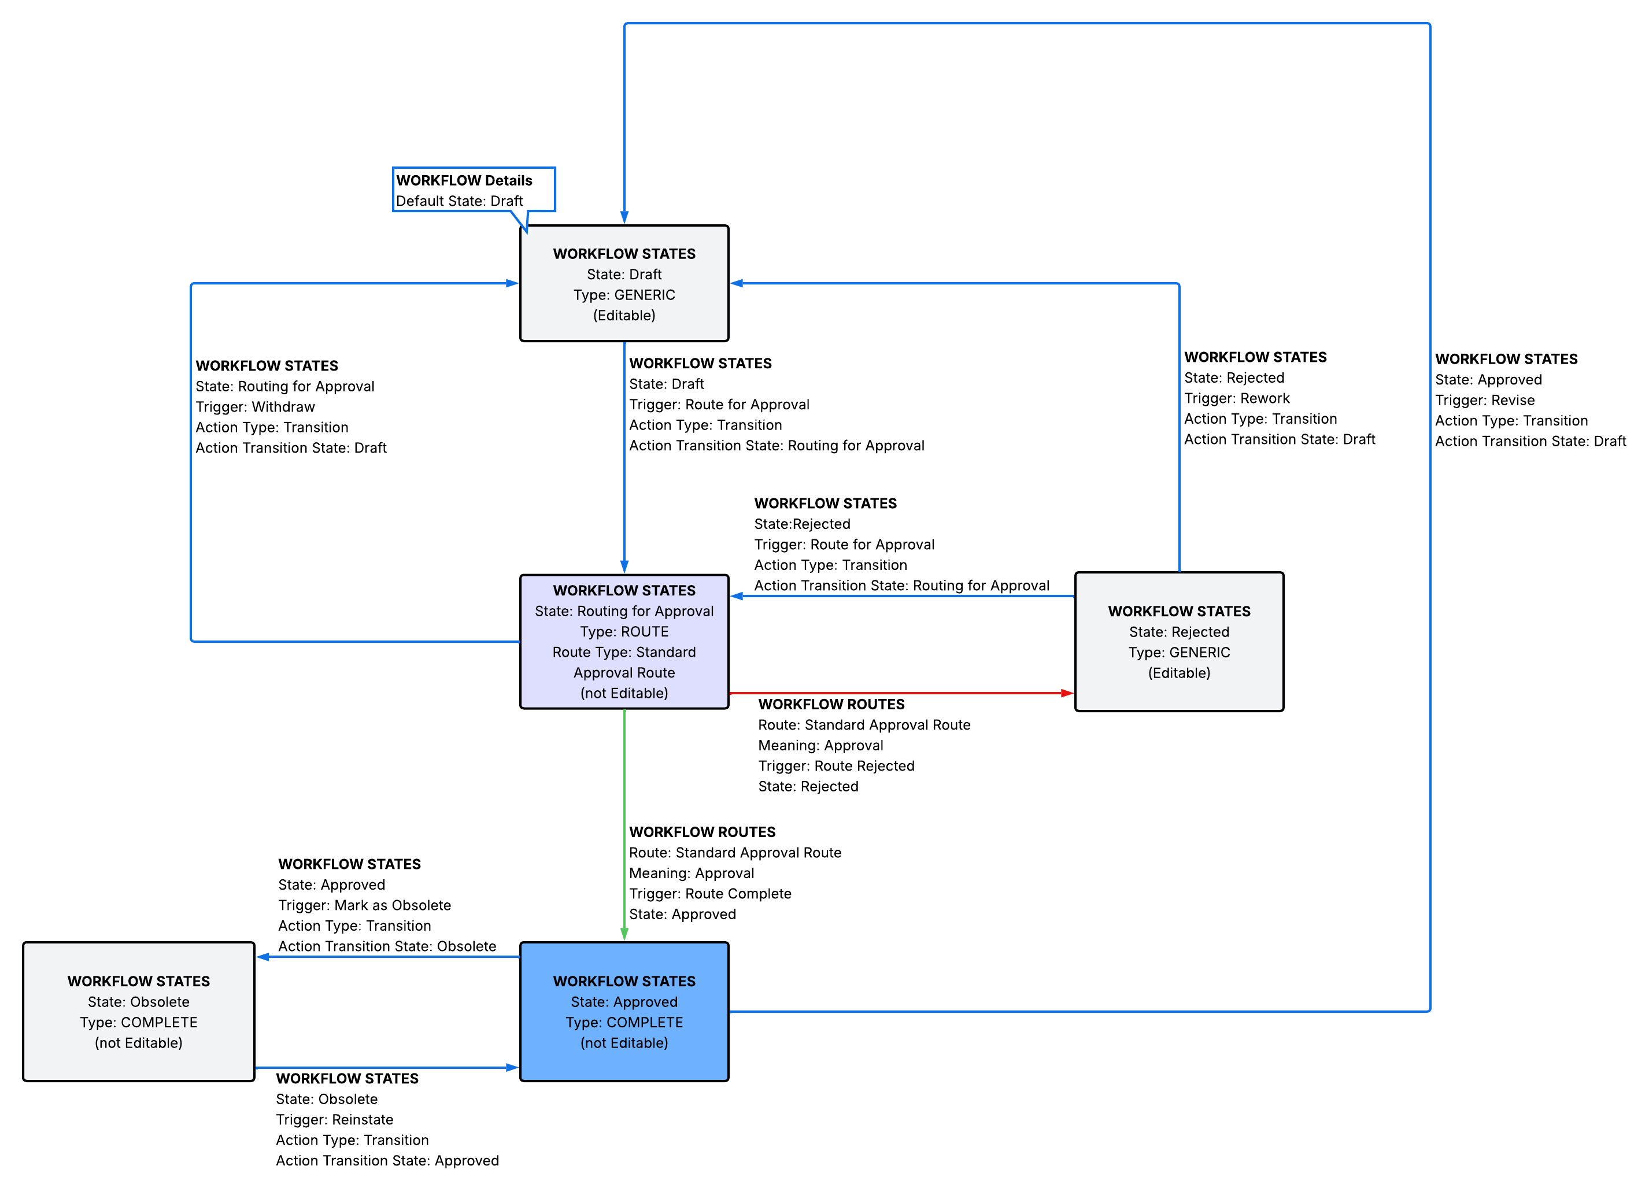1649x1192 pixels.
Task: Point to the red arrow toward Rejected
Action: (x=901, y=693)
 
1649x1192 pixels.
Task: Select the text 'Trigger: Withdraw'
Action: (x=255, y=407)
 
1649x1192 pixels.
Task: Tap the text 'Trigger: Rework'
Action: (x=1237, y=398)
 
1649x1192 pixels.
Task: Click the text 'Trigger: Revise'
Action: (x=1485, y=401)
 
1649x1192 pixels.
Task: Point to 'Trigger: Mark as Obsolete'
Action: (x=364, y=906)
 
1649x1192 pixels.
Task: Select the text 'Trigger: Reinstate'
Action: (x=334, y=1120)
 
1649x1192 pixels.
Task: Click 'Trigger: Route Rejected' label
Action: (x=836, y=766)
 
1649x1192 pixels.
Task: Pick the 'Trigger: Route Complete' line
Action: (x=709, y=894)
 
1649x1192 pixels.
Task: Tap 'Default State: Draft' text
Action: (x=459, y=201)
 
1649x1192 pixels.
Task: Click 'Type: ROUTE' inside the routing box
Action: (x=624, y=632)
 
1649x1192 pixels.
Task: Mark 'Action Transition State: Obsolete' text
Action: (x=387, y=946)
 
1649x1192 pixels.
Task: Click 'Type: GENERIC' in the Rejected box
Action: (x=1178, y=653)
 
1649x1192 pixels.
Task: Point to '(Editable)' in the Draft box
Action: (x=624, y=316)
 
